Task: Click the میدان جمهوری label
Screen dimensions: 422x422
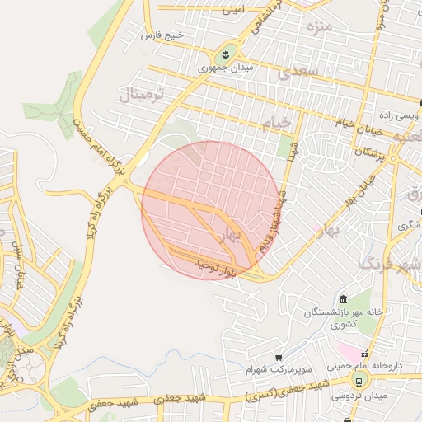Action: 224,69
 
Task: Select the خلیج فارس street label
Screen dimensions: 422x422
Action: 161,36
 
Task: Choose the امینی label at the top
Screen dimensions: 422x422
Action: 232,10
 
